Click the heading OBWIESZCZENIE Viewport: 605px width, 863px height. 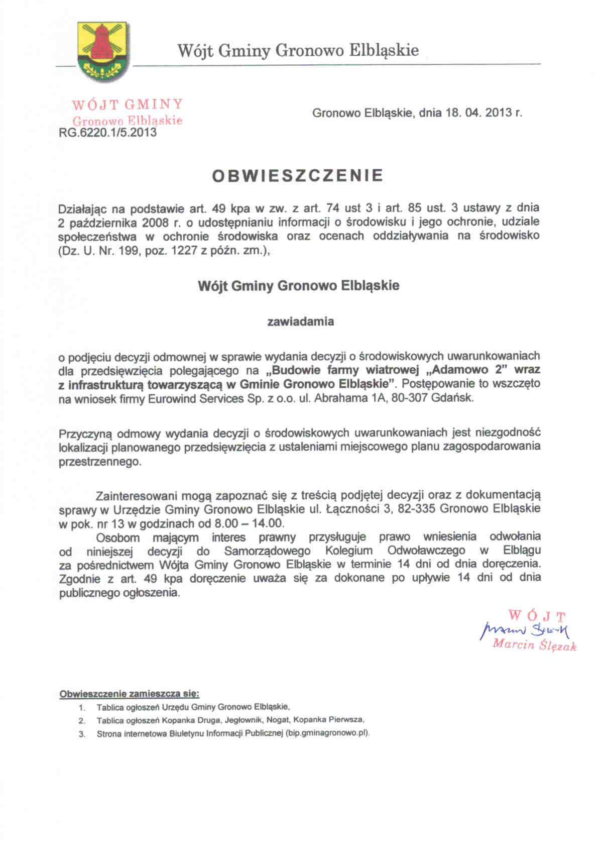click(298, 175)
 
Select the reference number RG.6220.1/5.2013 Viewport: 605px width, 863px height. click(107, 133)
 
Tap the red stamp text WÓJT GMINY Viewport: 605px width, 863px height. click(127, 104)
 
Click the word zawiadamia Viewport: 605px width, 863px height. click(300, 321)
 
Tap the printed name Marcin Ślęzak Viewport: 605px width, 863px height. click(534, 645)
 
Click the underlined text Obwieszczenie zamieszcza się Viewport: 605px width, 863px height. click(130, 694)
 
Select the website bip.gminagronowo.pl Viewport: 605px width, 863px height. click(327, 733)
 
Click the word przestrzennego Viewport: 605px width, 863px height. click(100, 462)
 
